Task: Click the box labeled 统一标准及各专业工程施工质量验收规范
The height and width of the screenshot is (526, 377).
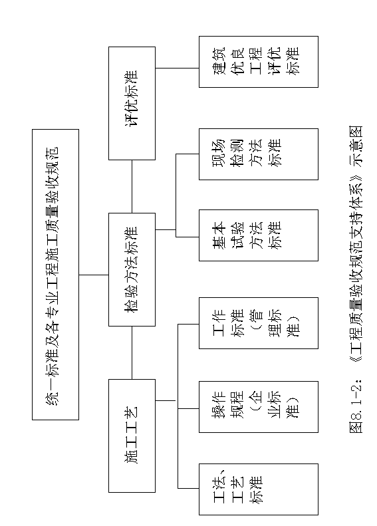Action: [55, 275]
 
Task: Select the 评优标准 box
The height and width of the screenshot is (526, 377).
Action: [132, 103]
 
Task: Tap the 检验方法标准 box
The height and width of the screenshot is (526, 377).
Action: [132, 269]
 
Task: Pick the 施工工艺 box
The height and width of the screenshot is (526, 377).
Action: [132, 436]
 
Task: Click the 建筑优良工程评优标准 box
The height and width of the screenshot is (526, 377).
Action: [258, 62]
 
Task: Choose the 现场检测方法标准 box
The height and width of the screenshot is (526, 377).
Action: [258, 154]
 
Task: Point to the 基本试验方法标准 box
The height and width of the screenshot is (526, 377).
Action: [258, 235]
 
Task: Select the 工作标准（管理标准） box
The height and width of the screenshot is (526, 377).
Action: [258, 323]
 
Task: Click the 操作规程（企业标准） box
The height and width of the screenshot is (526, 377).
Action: [258, 406]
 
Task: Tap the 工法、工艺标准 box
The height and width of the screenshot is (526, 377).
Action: [258, 489]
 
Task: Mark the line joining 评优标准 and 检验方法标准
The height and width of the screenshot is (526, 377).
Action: [132, 186]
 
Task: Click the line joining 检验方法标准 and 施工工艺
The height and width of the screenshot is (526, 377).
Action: [132, 352]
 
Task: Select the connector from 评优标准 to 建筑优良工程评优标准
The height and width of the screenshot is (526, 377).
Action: [177, 68]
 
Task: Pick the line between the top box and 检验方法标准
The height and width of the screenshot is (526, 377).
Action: [94, 275]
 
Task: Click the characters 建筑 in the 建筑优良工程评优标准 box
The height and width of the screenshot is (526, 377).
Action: [220, 62]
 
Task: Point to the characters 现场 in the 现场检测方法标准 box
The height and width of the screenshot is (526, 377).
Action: [219, 153]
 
